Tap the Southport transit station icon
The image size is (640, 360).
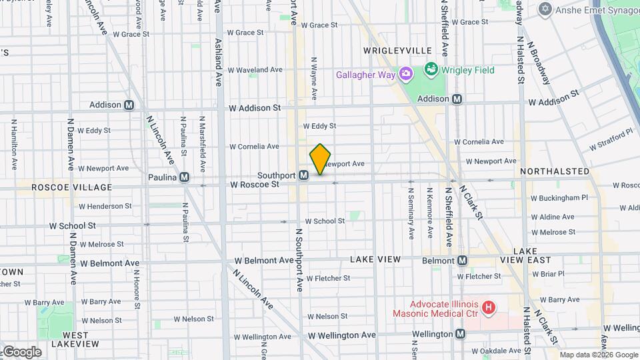click(303, 175)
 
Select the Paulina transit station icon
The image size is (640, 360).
click(184, 177)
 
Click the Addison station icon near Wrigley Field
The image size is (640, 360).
click(457, 99)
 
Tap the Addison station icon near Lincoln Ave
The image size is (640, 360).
click(129, 105)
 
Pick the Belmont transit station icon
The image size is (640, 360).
click(461, 260)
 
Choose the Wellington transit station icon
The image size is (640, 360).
click(461, 334)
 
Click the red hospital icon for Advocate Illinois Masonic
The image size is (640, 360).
click(489, 307)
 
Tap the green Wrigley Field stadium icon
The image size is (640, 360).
click(431, 69)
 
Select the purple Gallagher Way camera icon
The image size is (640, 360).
click(405, 74)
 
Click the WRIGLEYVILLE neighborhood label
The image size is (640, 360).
click(398, 51)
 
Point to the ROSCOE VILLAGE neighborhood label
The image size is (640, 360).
click(63, 188)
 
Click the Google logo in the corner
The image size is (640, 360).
click(21, 351)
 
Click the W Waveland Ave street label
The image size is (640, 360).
click(256, 69)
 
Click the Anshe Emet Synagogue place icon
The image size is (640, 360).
click(547, 9)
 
